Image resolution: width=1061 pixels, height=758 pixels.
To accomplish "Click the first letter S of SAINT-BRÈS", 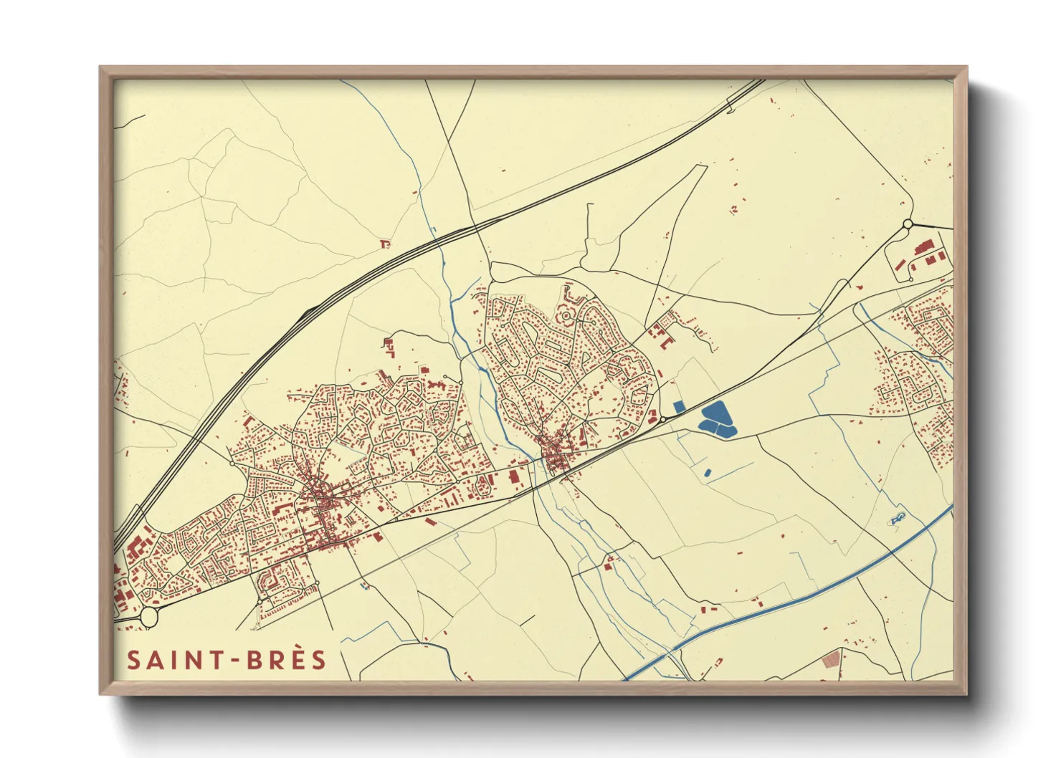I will [134, 660].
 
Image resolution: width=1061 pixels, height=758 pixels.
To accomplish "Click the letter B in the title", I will [254, 660].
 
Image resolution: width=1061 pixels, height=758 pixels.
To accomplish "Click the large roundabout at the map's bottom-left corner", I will [149, 616].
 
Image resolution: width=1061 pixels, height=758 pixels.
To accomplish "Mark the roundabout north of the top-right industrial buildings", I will [908, 224].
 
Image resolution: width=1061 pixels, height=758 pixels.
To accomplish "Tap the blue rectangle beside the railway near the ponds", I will [679, 407].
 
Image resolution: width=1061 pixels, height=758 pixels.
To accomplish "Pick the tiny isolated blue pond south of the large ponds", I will [708, 472].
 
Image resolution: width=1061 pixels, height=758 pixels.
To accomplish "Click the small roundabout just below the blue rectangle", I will [664, 419].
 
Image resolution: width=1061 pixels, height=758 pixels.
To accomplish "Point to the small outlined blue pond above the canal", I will [898, 517].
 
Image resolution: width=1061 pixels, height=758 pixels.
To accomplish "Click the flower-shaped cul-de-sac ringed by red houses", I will [566, 315].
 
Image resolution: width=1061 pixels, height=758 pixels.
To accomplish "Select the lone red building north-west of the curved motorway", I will [385, 244].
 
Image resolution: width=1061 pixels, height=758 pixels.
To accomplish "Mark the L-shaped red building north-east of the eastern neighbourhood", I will [665, 343].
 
